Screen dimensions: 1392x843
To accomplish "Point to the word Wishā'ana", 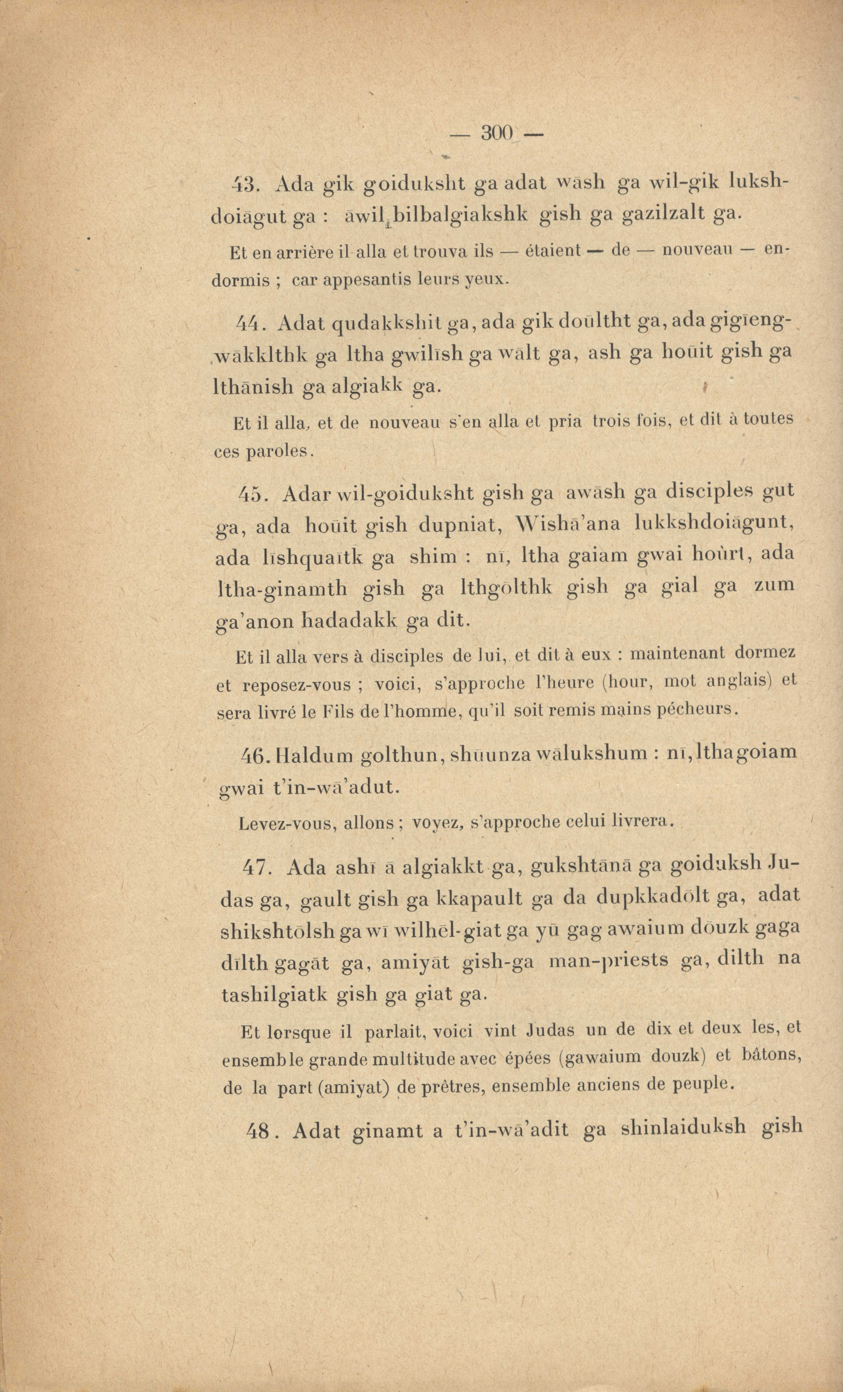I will pyautogui.click(x=569, y=524).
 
